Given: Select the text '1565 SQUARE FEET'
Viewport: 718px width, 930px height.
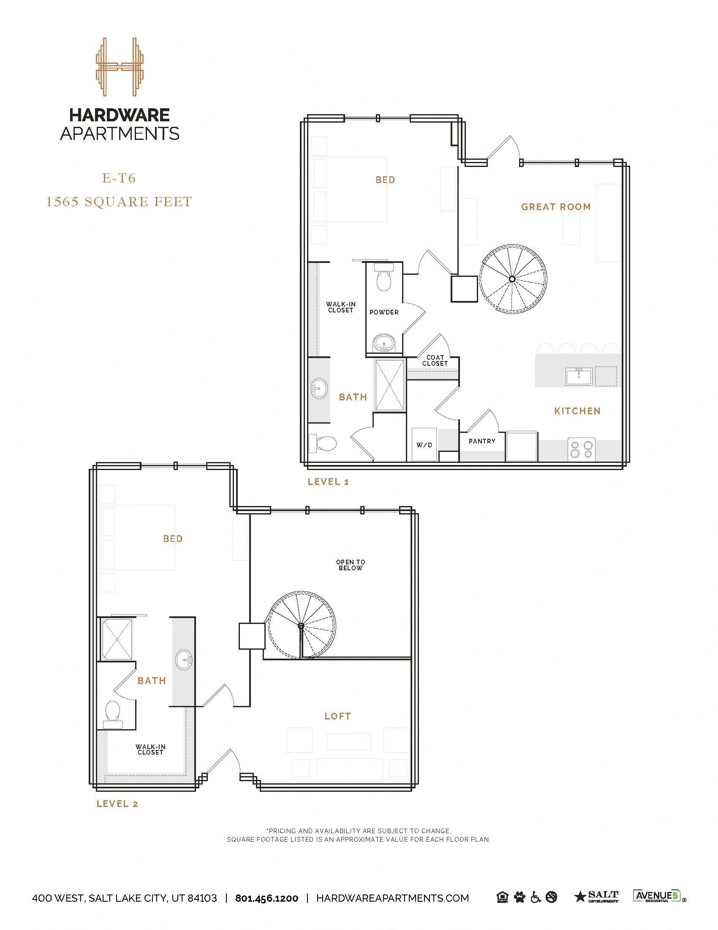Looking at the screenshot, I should tap(119, 201).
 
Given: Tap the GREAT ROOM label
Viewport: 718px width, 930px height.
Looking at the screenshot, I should tap(556, 207).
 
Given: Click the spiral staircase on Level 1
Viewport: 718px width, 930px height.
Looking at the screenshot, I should tap(513, 279).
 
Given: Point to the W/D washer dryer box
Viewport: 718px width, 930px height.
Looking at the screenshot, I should tap(424, 445).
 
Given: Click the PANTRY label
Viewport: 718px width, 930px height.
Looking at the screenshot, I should tap(482, 441).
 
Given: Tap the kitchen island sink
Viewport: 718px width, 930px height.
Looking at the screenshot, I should tap(578, 376).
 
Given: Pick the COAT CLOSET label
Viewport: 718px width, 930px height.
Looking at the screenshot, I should tap(435, 360).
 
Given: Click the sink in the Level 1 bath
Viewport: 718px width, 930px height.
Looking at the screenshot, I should tap(318, 388).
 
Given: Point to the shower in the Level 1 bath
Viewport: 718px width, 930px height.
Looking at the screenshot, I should tap(390, 386).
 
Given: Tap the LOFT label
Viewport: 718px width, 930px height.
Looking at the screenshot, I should tap(338, 716).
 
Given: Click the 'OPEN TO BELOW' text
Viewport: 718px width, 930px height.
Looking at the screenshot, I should tap(351, 565).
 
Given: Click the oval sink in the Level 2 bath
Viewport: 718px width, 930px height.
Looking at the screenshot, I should tap(184, 660).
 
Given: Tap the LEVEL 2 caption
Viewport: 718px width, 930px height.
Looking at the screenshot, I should tap(117, 804).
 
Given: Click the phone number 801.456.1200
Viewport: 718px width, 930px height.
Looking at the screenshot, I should tap(267, 898).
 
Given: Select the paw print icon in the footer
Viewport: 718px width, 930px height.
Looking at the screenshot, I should tap(519, 897).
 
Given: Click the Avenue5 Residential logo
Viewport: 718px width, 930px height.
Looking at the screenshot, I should tap(658, 896).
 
